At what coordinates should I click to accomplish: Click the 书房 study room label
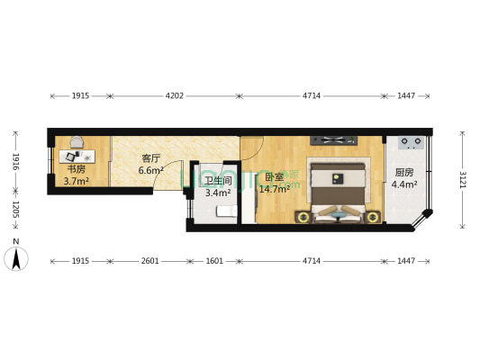click(75, 168)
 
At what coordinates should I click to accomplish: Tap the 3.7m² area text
click(76, 181)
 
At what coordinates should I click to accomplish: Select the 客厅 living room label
click(151, 158)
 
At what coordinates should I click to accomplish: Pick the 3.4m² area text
click(218, 193)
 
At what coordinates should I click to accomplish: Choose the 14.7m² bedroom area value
click(274, 189)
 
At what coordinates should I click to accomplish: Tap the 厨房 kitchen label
click(403, 173)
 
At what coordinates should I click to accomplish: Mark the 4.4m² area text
click(403, 185)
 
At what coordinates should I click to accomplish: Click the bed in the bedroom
click(337, 190)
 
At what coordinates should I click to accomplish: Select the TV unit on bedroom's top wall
click(334, 140)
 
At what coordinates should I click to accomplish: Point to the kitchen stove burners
click(412, 141)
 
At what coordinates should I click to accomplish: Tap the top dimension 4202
click(175, 94)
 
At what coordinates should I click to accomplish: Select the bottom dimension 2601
click(150, 261)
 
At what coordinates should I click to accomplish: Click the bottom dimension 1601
click(213, 261)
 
